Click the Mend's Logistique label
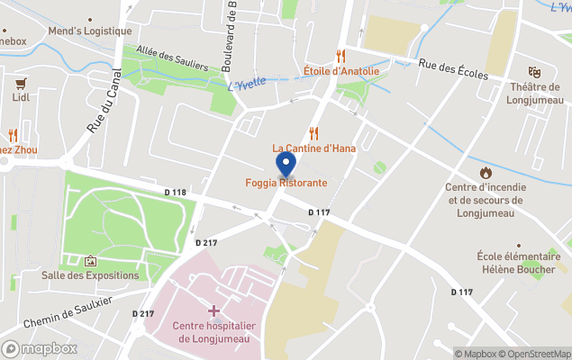pos(89,31)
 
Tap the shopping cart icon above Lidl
pos(21,82)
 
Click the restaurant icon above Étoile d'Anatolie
pos(340,56)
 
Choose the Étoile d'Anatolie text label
pos(340,71)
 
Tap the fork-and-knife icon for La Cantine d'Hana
pos(314,132)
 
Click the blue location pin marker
pos(286,164)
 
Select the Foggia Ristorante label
pos(286,183)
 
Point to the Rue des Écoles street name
pos(453,69)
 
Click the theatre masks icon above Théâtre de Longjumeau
pos(534,71)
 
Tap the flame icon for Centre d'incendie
pos(486,172)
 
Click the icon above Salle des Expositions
pos(90,260)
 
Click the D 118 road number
pos(176,193)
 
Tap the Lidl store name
pos(21,97)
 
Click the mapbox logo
pos(40,348)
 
